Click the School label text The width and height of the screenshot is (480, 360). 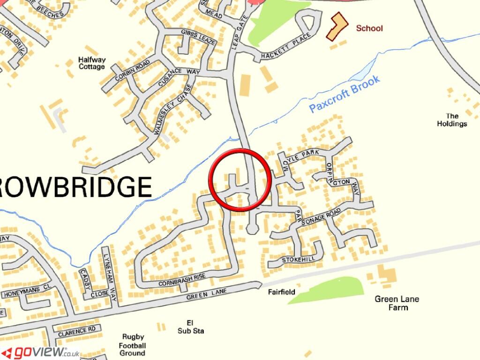(x=369, y=28)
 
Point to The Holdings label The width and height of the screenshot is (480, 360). (x=452, y=120)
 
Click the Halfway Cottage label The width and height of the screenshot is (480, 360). (x=92, y=63)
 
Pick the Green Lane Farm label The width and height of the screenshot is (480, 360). (x=397, y=303)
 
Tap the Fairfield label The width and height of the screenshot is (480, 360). (x=282, y=292)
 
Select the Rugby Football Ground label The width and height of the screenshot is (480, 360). (x=133, y=345)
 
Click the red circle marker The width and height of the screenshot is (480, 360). (x=240, y=180)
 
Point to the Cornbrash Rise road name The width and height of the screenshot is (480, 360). (x=181, y=280)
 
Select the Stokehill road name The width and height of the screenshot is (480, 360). (x=296, y=259)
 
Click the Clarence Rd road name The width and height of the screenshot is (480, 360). (x=77, y=330)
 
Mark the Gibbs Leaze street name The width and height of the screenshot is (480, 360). (x=198, y=37)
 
